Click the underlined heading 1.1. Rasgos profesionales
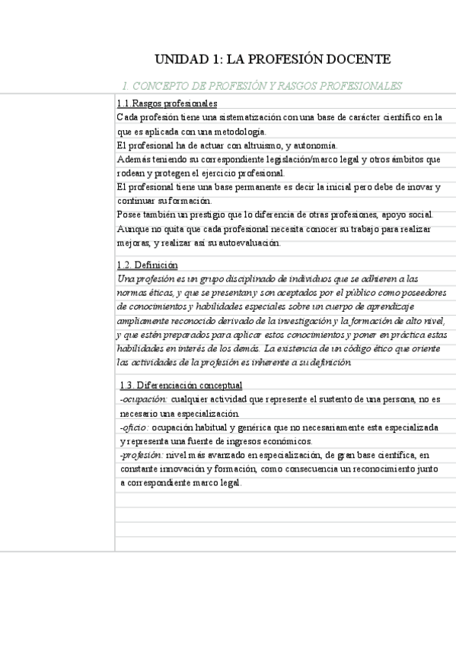[167, 103]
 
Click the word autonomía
[317, 145]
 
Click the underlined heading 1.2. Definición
[148, 265]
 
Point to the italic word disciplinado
[220, 279]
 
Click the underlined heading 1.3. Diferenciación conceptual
[181, 385]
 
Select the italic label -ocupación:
[144, 399]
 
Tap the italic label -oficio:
[134, 427]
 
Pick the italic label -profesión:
[142, 455]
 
